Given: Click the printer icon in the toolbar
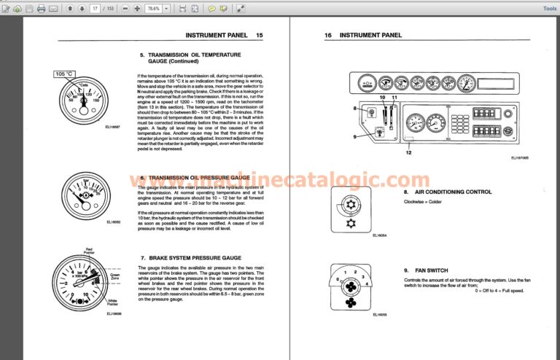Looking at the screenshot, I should click(x=41, y=9).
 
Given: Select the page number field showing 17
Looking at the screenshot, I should click(x=95, y=9).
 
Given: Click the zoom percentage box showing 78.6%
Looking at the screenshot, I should click(x=152, y=9).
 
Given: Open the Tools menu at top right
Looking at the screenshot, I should click(x=549, y=9).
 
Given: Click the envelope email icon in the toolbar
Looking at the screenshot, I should click(x=52, y=9).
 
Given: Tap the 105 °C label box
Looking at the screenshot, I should click(x=66, y=74).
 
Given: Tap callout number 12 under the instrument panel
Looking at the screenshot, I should click(x=409, y=152).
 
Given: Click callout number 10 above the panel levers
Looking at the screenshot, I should click(x=381, y=97).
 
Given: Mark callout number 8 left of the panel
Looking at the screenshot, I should click(x=355, y=109).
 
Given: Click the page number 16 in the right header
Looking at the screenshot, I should click(x=327, y=35).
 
